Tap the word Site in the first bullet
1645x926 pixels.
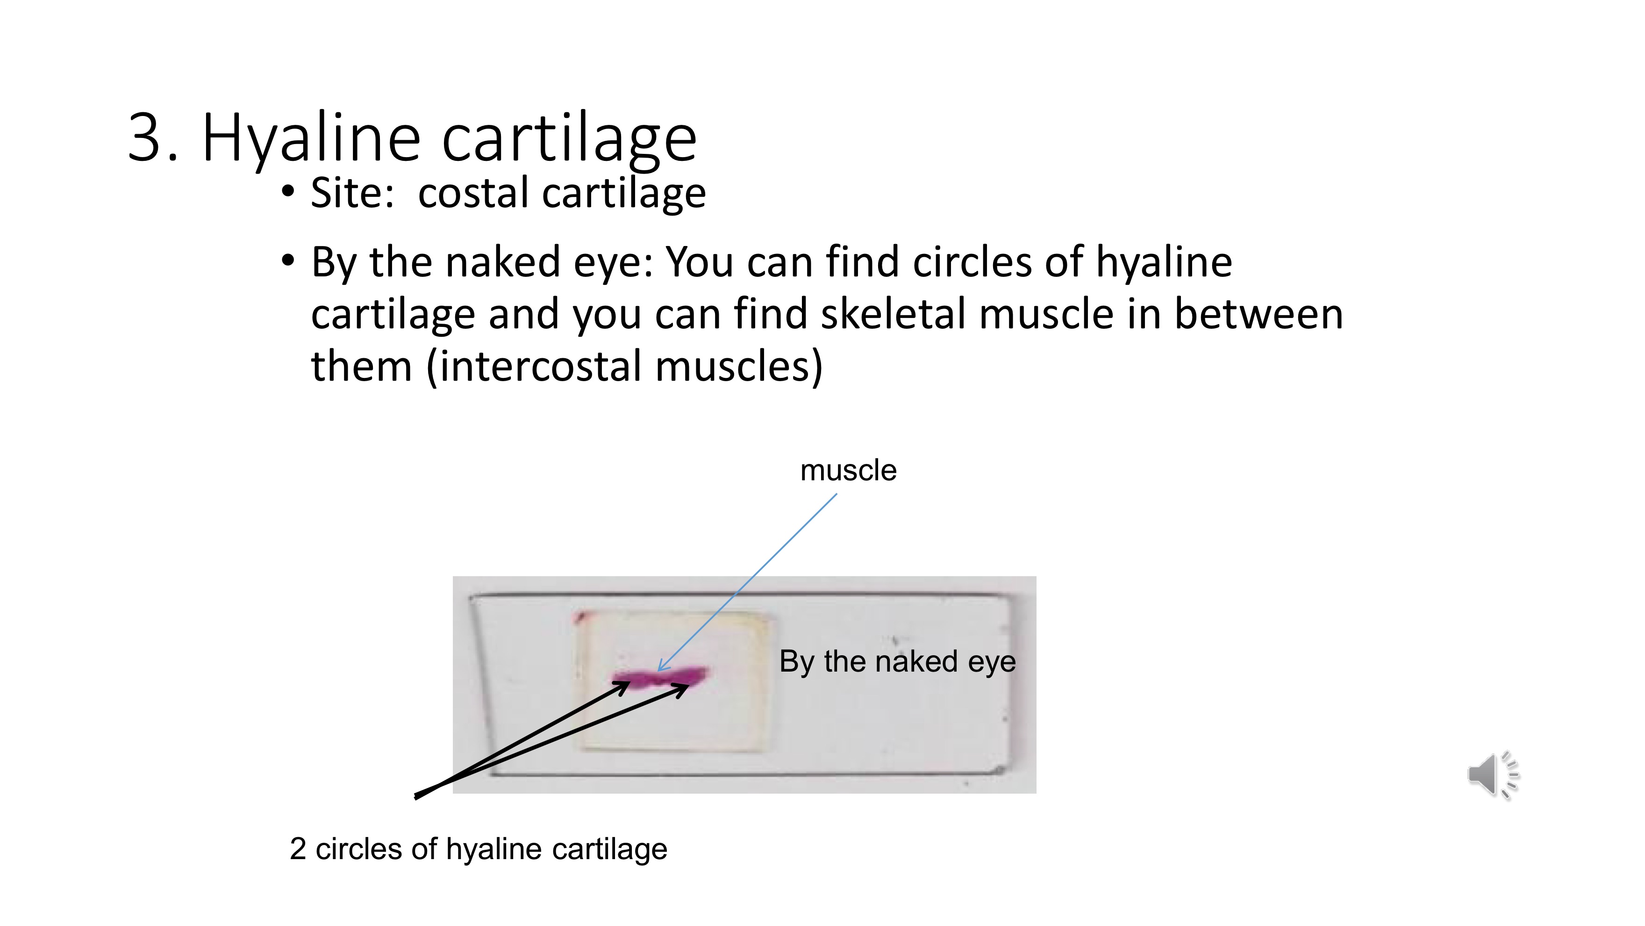point(351,193)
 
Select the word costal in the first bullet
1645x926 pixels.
point(472,193)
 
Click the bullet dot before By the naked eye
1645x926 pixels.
point(288,260)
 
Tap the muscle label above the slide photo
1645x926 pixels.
point(848,471)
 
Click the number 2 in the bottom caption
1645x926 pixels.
point(298,849)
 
